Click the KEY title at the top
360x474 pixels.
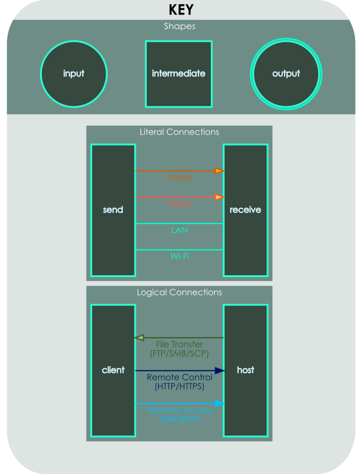tap(181, 10)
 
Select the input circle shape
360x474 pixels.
tap(74, 74)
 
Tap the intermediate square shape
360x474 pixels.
tap(179, 74)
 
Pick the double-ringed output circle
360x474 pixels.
tap(286, 74)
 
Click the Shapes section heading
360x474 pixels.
tap(179, 26)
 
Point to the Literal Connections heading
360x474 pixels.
tap(179, 132)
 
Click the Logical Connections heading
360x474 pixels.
tap(179, 292)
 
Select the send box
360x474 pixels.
tap(113, 210)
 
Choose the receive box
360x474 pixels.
tap(246, 210)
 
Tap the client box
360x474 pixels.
tap(113, 370)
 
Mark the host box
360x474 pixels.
tap(246, 370)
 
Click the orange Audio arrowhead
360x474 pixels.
tap(219, 171)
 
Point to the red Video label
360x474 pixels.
tap(179, 204)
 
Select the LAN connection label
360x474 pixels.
tap(179, 230)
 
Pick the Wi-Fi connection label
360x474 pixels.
tap(179, 256)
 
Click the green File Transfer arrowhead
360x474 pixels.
tap(139, 338)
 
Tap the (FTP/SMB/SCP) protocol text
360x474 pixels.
tap(179, 353)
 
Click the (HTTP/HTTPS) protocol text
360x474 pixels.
tap(179, 387)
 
